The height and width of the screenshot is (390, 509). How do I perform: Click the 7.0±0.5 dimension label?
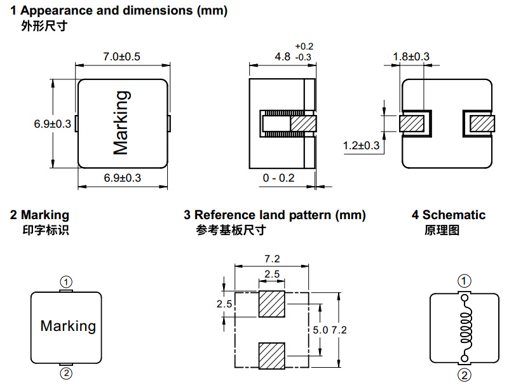pyautogui.click(x=122, y=57)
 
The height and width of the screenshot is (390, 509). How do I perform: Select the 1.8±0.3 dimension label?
pyautogui.click(x=411, y=57)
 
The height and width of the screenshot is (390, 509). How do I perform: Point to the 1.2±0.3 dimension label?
pyautogui.click(x=361, y=145)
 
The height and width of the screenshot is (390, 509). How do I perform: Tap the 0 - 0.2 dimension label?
pyautogui.click(x=278, y=178)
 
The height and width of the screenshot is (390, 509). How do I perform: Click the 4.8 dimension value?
pyautogui.click(x=282, y=57)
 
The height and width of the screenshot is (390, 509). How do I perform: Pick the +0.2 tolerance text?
pyautogui.click(x=304, y=46)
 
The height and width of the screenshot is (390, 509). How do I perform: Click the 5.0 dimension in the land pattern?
pyautogui.click(x=320, y=330)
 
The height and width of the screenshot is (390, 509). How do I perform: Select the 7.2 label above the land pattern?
pyautogui.click(x=272, y=259)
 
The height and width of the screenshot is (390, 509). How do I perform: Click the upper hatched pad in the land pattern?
pyautogui.click(x=272, y=304)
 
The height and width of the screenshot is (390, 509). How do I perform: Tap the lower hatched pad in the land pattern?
pyautogui.click(x=272, y=356)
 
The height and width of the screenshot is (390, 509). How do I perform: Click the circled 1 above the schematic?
pyautogui.click(x=465, y=281)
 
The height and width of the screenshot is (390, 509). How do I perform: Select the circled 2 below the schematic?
pyautogui.click(x=465, y=375)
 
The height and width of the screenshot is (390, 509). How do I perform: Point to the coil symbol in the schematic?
pyautogui.click(x=466, y=328)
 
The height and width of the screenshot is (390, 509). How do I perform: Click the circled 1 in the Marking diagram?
pyautogui.click(x=66, y=282)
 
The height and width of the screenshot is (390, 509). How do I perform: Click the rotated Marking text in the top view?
pyautogui.click(x=122, y=123)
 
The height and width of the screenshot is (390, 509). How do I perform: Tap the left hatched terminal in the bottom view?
pyautogui.click(x=412, y=124)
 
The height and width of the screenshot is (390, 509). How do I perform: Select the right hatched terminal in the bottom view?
pyautogui.click(x=482, y=124)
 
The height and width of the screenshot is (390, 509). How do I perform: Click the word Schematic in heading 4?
pyautogui.click(x=454, y=215)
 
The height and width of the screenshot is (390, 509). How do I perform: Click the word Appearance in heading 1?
pyautogui.click(x=57, y=11)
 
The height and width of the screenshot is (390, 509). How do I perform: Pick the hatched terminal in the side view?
pyautogui.click(x=303, y=124)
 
